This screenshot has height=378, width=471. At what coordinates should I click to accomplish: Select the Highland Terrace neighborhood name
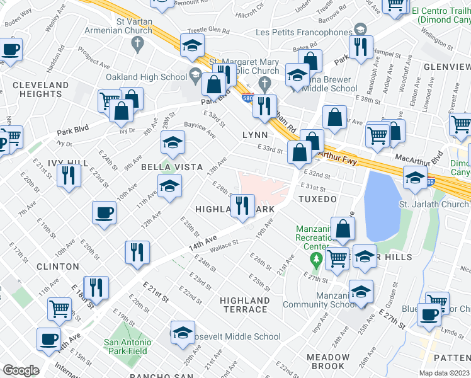(245, 305)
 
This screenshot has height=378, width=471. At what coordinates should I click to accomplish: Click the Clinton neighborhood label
(58, 266)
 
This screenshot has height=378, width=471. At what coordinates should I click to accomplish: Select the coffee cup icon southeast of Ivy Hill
(104, 213)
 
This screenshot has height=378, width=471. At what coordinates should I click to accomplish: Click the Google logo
(21, 370)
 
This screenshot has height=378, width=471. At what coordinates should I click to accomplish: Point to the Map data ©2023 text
(444, 373)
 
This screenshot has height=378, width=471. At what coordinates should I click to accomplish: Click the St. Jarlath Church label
(434, 204)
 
